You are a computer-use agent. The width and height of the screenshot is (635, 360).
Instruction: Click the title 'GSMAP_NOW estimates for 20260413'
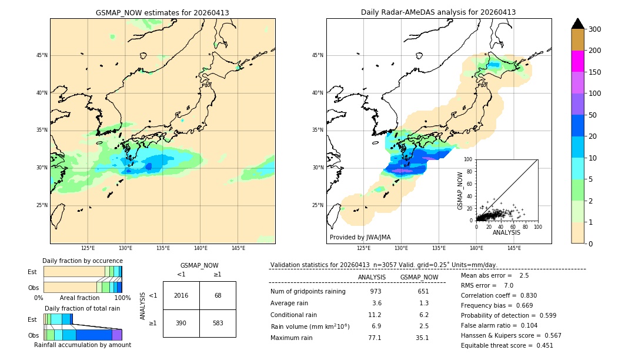(x=162, y=12)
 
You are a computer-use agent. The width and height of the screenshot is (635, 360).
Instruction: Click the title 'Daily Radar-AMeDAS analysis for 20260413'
(x=439, y=12)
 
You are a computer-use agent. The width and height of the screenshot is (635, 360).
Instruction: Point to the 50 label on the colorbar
(x=594, y=115)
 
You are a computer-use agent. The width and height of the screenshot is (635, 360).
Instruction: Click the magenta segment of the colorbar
(x=578, y=61)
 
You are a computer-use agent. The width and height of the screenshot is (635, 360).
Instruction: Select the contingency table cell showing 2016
(x=181, y=295)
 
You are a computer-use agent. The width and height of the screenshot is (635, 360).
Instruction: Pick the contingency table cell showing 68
(x=218, y=295)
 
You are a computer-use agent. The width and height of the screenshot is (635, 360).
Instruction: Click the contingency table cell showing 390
(x=181, y=323)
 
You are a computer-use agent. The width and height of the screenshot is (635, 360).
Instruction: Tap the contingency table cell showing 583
(x=218, y=323)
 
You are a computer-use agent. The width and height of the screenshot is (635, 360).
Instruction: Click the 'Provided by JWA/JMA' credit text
(x=360, y=238)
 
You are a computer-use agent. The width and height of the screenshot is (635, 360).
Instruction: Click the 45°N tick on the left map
(x=42, y=55)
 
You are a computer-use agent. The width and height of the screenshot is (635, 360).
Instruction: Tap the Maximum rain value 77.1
(x=375, y=338)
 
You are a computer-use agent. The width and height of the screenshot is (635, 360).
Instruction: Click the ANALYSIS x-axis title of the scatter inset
(x=506, y=232)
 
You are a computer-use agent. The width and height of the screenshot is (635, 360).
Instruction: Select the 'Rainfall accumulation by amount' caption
(x=82, y=345)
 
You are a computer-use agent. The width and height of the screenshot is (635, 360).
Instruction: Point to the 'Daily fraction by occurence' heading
(x=82, y=261)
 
